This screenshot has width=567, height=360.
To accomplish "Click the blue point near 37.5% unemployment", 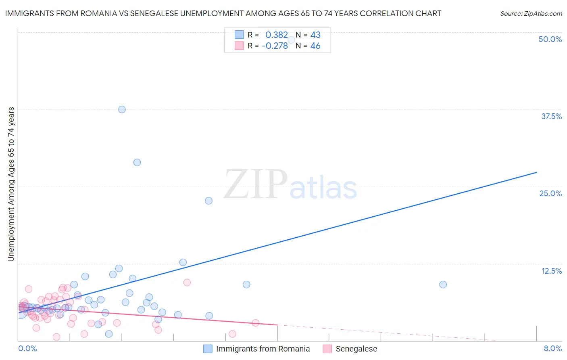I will (x=122, y=109).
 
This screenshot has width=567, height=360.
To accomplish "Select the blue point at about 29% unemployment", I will (x=137, y=162).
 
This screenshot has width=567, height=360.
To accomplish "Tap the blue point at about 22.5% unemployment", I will (x=208, y=201).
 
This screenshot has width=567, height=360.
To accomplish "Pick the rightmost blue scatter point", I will (x=443, y=285).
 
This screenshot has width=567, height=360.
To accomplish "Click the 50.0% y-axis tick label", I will (x=550, y=39).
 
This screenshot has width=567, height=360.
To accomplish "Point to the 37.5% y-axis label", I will (x=551, y=116).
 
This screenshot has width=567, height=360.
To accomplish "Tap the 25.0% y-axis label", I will (x=550, y=193).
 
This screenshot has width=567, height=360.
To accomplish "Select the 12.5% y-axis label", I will (x=551, y=271).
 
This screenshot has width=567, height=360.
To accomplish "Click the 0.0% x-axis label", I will (x=28, y=348).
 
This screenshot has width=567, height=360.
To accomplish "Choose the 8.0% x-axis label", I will (x=552, y=348).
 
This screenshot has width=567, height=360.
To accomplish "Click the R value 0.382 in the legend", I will (x=277, y=35).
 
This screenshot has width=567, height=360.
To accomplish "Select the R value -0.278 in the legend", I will (x=275, y=46).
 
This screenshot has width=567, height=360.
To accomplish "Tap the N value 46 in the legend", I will (x=315, y=46).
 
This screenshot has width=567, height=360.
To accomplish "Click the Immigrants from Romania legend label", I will (x=263, y=349).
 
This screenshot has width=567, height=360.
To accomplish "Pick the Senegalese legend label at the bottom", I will (x=356, y=349).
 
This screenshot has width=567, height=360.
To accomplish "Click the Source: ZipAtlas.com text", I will (x=531, y=13).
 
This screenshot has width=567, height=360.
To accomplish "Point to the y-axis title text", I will (x=11, y=184).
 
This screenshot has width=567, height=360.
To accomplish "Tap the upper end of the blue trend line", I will (x=536, y=172).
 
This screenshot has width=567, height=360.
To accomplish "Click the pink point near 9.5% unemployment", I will (x=187, y=283).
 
